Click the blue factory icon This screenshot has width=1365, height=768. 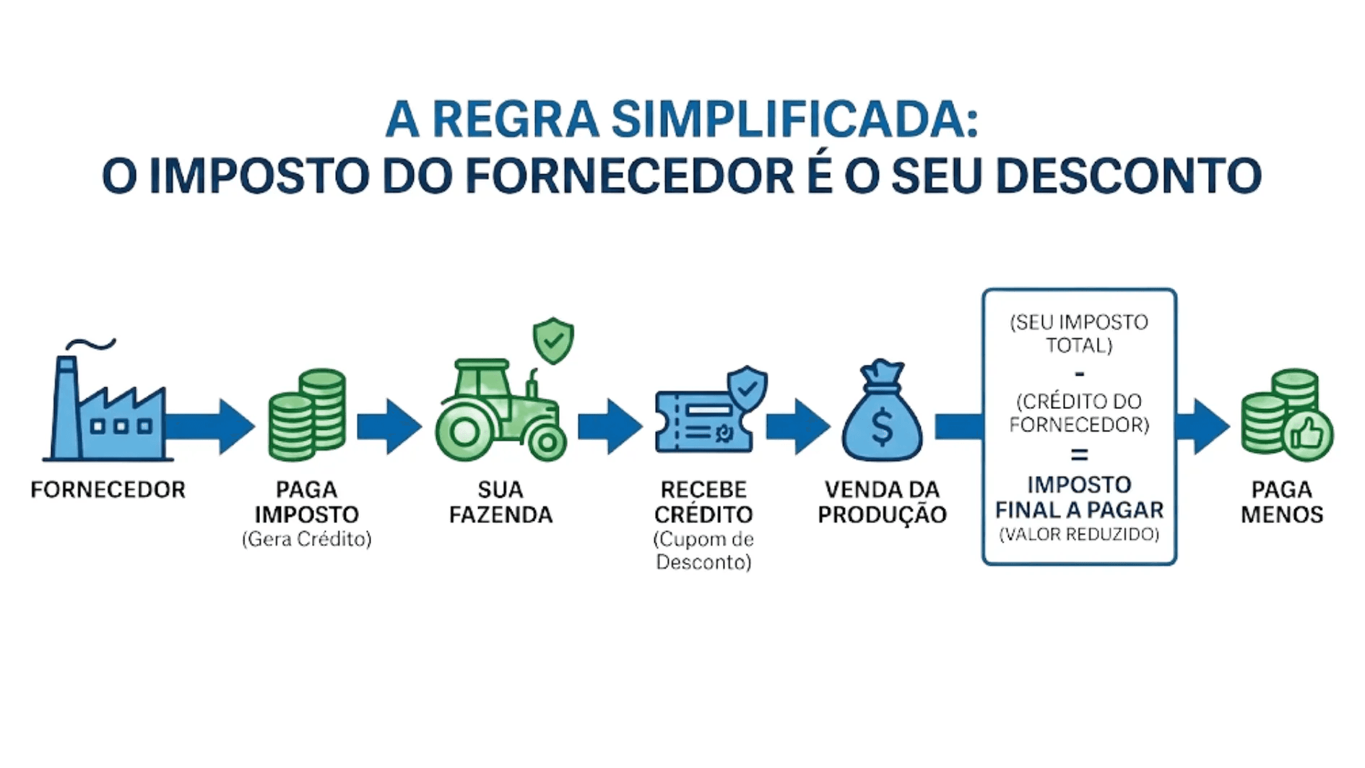[107, 408]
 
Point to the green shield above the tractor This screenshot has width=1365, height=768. [553, 340]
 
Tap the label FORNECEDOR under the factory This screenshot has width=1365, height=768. [108, 490]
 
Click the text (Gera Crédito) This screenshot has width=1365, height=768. [306, 539]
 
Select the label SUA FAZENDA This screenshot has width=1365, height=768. [500, 502]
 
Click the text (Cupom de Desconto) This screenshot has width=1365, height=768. [703, 551]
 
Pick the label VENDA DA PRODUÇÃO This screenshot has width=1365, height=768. [882, 502]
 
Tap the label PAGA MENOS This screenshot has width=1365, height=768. [1282, 502]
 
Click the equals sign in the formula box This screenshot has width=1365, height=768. [1079, 455]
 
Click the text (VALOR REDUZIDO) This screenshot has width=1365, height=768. [1079, 535]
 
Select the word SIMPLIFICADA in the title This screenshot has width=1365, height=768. [794, 119]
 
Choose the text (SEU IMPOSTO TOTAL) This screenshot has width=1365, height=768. [1079, 334]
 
